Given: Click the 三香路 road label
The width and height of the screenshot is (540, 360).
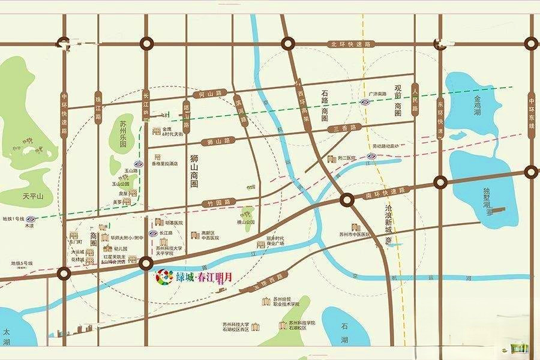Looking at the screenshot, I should click(x=345, y=128).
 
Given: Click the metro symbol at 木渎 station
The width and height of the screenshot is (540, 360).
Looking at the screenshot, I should click(x=29, y=220).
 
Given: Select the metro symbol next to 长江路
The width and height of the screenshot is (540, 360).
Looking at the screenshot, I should click(x=152, y=233).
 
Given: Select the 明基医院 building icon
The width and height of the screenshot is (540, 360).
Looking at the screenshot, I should click(x=159, y=222).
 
